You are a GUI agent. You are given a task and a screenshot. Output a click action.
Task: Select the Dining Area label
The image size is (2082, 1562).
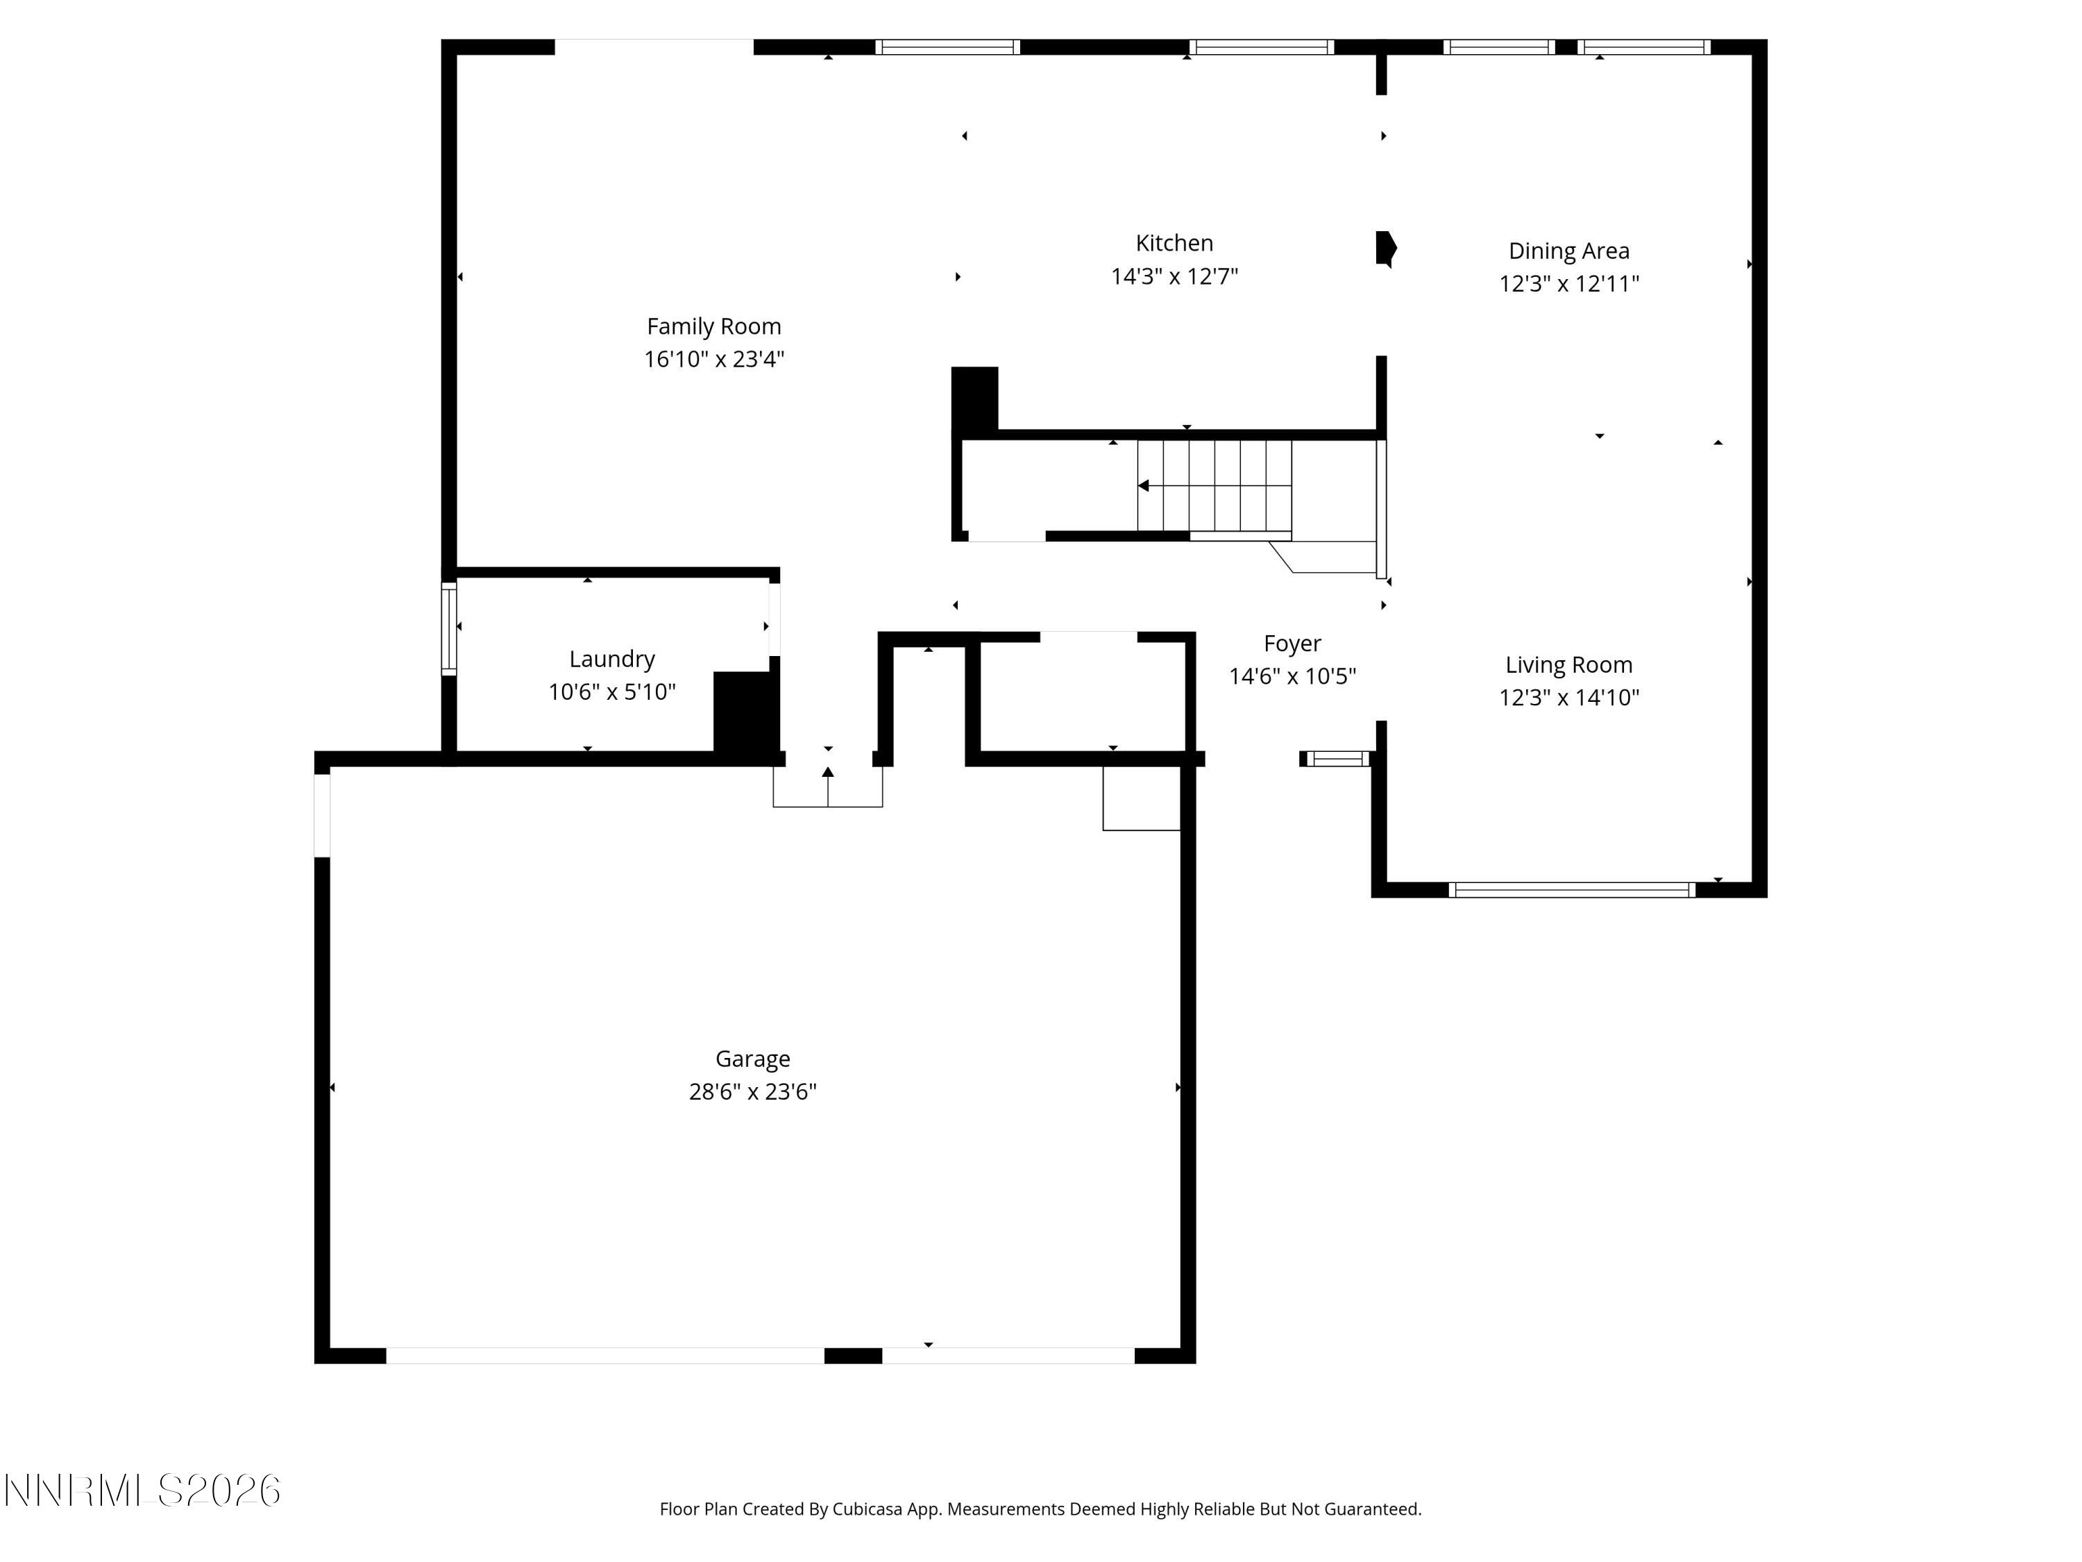point(1568,251)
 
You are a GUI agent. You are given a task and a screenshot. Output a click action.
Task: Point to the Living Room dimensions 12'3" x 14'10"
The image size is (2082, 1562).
point(1568,698)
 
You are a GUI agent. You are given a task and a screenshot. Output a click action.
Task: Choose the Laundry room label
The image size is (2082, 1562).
point(612,659)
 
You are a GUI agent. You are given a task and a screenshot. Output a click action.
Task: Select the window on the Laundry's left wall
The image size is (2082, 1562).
point(449,628)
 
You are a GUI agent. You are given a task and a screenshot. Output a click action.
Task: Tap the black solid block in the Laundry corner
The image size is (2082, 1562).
point(745,712)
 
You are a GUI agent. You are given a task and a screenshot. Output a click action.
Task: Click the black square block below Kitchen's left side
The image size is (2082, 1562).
point(974,399)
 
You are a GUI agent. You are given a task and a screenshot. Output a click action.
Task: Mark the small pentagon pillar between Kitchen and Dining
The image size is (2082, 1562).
point(1385,249)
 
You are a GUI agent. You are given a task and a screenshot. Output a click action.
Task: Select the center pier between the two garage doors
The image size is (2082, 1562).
point(853,1356)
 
